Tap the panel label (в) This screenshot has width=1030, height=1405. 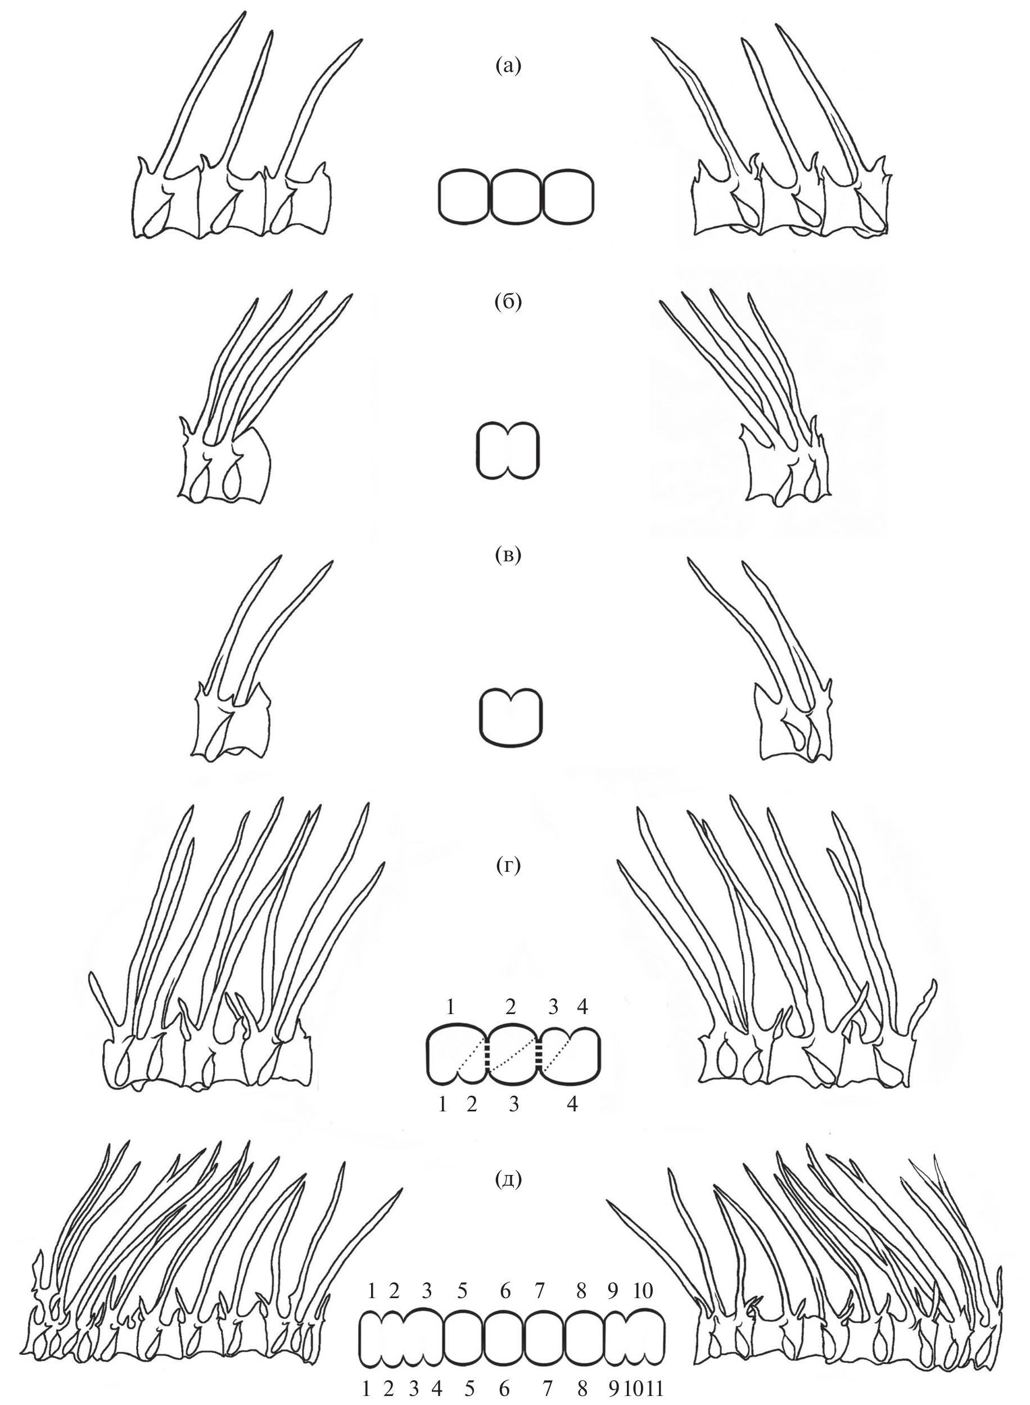(x=508, y=555)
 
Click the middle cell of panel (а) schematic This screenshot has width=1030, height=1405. (x=517, y=195)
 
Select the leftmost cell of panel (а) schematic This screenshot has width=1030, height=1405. (x=465, y=195)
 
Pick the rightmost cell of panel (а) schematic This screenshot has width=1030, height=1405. (x=568, y=195)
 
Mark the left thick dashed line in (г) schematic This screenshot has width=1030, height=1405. (x=489, y=1056)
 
